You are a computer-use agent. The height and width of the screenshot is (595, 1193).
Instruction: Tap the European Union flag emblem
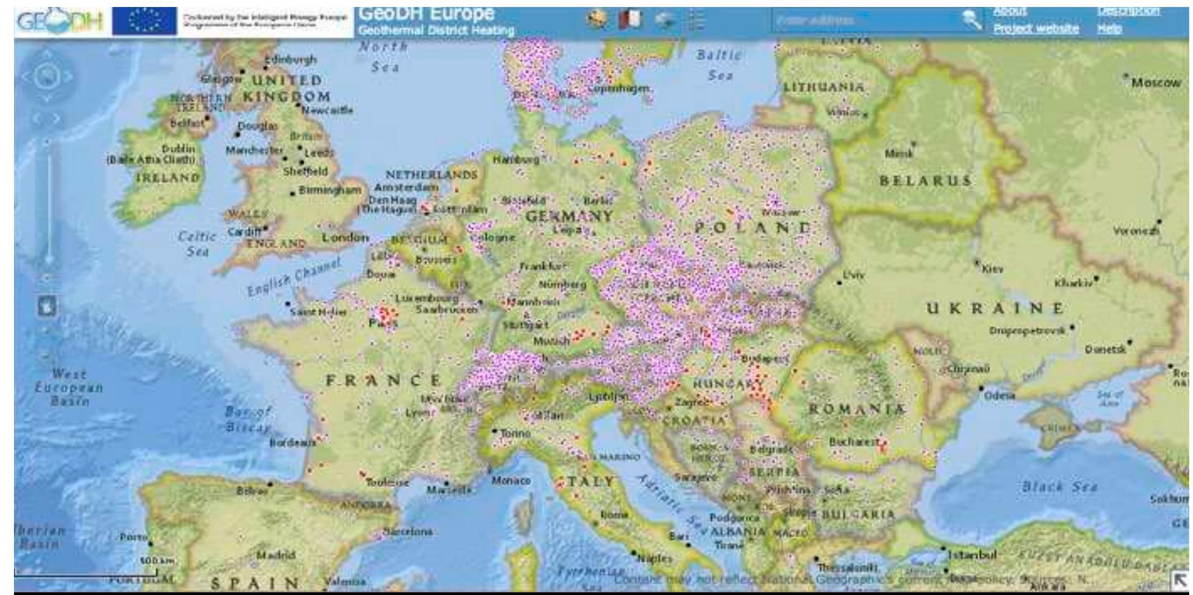point(144,22)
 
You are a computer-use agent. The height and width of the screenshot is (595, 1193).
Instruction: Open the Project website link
point(1035,28)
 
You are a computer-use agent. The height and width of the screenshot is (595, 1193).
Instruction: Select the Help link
point(1109,28)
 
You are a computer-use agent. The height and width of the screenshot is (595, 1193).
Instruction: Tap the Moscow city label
point(1156,83)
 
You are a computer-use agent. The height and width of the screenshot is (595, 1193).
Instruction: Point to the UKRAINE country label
point(995,309)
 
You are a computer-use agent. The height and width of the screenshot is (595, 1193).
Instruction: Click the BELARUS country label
point(925,181)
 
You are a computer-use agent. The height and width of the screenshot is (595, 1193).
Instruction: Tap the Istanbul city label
point(972,554)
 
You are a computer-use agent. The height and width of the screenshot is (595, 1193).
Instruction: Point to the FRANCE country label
point(384,381)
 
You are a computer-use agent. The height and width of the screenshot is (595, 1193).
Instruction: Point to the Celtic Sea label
point(197,243)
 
